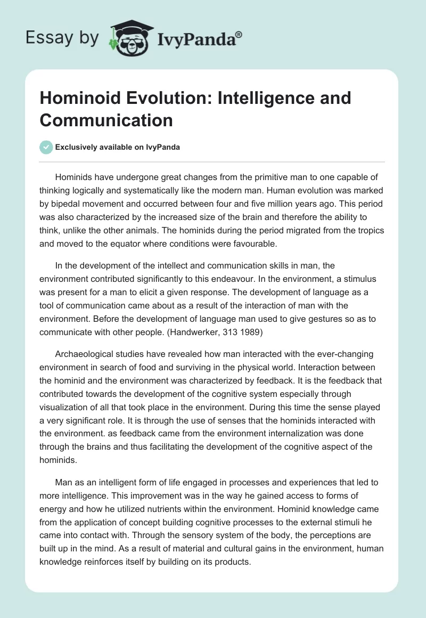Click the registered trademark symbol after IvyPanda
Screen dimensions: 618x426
pos(239,34)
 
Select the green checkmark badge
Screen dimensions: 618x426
pos(46,147)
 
